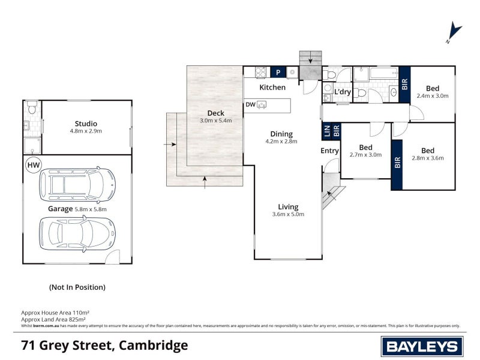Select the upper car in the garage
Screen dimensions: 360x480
[77, 184]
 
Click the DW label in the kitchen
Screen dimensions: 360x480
[250, 104]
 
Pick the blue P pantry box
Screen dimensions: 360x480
[278, 72]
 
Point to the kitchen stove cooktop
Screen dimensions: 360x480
[261, 72]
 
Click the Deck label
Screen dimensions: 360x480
[215, 113]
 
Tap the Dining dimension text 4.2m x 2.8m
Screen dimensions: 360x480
[281, 143]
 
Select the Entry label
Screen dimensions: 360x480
[330, 151]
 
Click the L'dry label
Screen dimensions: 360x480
[343, 92]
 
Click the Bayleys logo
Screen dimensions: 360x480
[422, 346]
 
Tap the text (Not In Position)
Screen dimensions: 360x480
[77, 287]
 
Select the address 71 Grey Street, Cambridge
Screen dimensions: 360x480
[104, 346]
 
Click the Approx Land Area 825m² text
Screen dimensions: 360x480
[55, 319]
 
